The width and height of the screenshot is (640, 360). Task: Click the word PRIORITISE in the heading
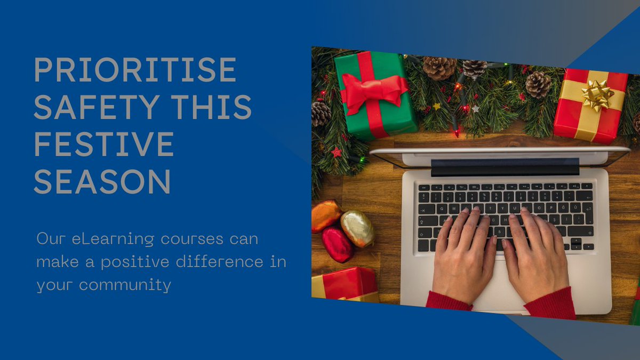click(135, 69)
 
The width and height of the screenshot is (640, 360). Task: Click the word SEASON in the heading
click(102, 181)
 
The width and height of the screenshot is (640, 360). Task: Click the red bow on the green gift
click(373, 89)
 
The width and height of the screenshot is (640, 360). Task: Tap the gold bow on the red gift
click(597, 95)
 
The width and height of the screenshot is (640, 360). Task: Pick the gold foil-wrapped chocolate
click(357, 228)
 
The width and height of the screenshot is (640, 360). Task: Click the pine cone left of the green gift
click(321, 113)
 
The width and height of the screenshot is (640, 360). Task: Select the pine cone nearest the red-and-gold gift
click(538, 84)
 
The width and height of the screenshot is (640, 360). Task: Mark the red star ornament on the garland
click(337, 153)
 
